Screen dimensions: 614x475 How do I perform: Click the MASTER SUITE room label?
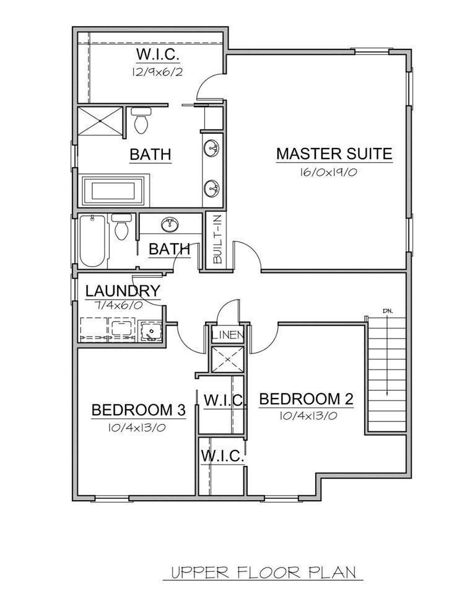[334, 153]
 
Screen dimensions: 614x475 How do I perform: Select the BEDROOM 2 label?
[306, 399]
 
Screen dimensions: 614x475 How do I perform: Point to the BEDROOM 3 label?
[139, 410]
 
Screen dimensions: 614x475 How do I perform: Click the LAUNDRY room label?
[123, 291]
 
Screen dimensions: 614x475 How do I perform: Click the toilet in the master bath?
[142, 120]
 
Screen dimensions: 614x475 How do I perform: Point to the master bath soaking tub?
[114, 189]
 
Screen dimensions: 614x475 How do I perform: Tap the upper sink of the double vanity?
[211, 147]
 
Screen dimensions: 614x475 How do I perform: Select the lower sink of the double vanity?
[211, 187]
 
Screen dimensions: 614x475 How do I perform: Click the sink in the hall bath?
[169, 223]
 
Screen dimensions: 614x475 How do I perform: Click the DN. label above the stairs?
[387, 310]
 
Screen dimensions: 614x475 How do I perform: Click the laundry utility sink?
[150, 331]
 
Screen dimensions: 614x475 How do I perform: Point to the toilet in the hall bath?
[122, 228]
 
